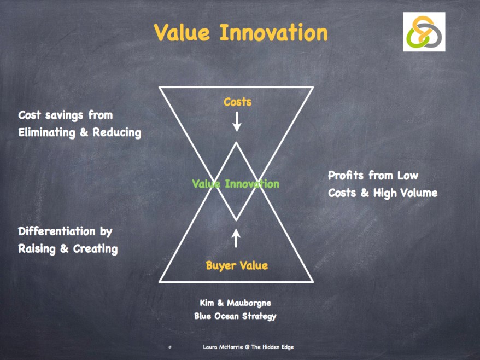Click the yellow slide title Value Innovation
tap(241, 32)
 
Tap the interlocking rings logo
tap(424, 32)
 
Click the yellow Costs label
tap(238, 102)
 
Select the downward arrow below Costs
tap(237, 121)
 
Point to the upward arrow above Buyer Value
tap(236, 237)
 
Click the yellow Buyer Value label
tap(237, 265)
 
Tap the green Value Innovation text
tap(236, 184)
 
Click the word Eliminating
tap(46, 132)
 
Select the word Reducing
tap(117, 132)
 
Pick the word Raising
tap(37, 249)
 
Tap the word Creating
tap(95, 249)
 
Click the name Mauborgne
tap(249, 303)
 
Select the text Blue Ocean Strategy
tap(235, 316)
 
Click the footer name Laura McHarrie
tap(223, 347)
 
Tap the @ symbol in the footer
tap(247, 347)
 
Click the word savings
tap(65, 115)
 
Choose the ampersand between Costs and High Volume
tap(365, 193)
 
